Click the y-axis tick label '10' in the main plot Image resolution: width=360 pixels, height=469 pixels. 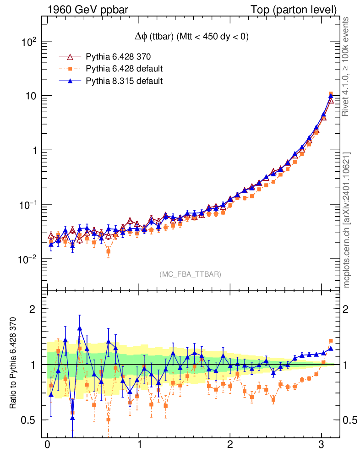coord(32,96)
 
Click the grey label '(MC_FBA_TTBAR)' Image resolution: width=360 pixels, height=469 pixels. coord(190,274)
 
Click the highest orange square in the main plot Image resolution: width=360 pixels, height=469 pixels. coord(331,94)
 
